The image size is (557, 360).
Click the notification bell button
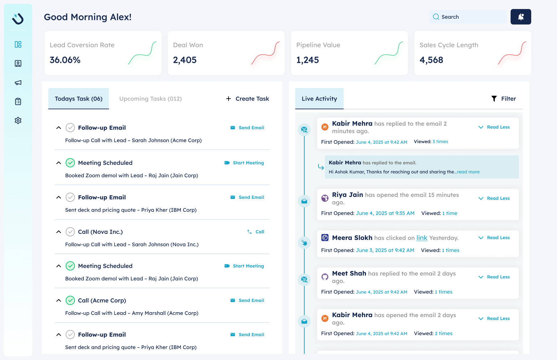(521, 17)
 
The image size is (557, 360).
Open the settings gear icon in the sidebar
(18, 121)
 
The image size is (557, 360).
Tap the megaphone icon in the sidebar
(18, 83)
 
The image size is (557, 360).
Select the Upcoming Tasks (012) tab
(151, 99)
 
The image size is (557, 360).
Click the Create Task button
(248, 99)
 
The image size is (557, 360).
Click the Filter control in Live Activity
(503, 99)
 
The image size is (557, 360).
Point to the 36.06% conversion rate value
(65, 60)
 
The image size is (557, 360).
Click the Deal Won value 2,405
(185, 60)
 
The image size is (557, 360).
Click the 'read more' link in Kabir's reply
(468, 172)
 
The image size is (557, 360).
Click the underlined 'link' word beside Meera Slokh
(422, 238)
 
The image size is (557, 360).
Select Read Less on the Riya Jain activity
(498, 198)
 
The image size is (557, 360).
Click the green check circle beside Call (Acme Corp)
(70, 300)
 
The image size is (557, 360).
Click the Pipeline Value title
(318, 45)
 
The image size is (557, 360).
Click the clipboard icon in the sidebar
(18, 102)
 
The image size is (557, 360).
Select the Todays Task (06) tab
(79, 99)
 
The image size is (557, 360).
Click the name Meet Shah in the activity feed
(349, 273)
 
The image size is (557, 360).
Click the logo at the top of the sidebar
(18, 18)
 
